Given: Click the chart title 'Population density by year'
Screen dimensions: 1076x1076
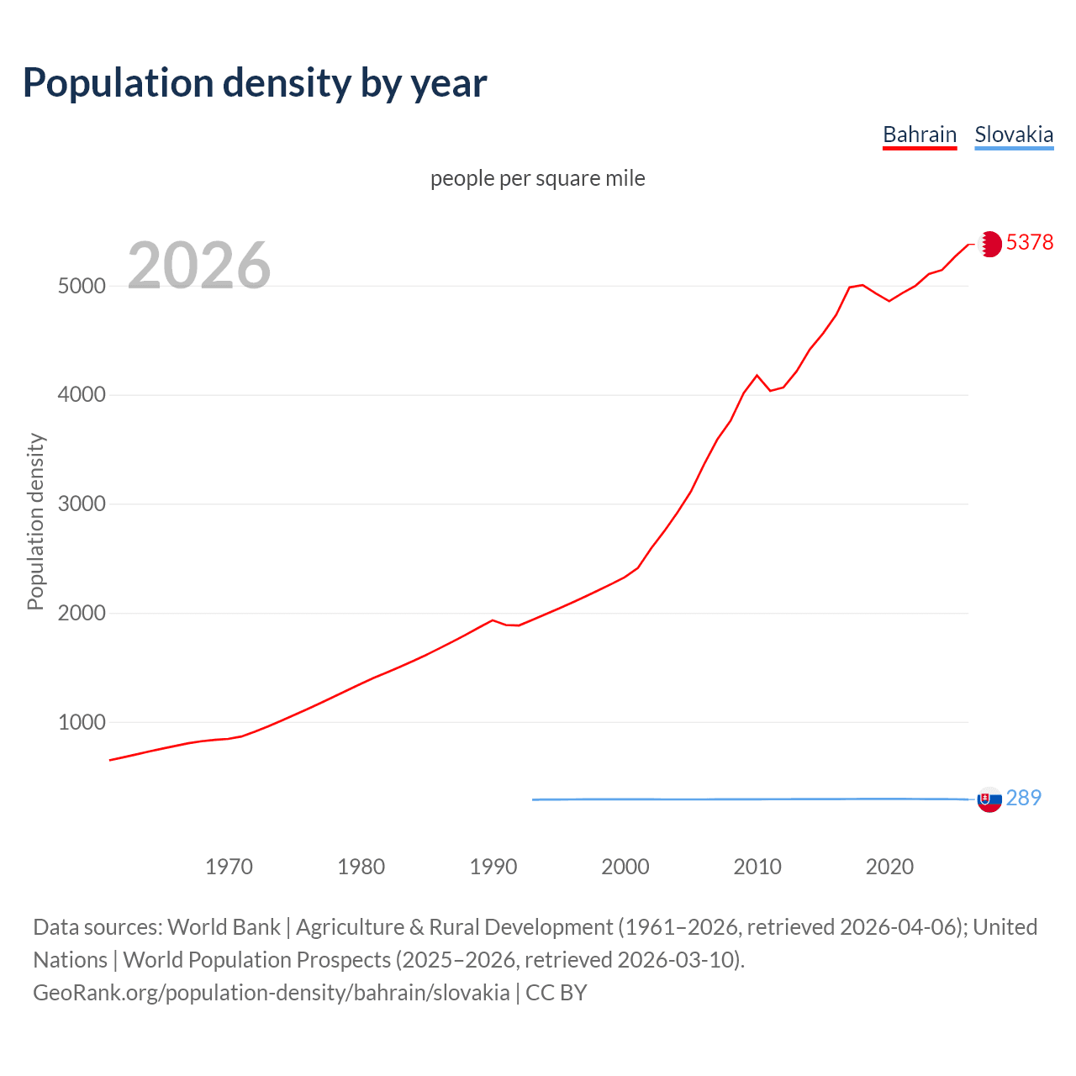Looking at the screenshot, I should point(255,83).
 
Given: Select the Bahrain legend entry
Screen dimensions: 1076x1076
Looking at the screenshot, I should point(920,134).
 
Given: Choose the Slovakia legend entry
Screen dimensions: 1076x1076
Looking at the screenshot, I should point(1014,134).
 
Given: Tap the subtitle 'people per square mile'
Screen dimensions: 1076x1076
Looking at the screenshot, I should point(538,178).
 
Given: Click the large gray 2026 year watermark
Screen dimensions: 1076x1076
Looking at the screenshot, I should point(199,266).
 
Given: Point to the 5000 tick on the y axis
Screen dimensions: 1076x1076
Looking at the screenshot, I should point(82,286).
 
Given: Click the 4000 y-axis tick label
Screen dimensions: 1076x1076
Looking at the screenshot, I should point(82,395).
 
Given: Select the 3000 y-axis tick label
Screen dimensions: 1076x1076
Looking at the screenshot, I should point(82,504).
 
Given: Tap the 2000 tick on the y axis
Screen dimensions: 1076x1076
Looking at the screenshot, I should point(82,614).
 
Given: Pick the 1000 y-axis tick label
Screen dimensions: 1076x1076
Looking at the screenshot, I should point(82,723).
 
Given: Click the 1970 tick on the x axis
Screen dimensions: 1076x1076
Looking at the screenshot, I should point(229,867).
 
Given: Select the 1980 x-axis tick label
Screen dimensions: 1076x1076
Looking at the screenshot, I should point(361,867).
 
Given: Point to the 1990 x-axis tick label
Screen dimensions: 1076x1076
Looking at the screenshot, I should point(493,867).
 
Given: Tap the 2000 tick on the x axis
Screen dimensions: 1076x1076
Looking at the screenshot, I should point(625,867).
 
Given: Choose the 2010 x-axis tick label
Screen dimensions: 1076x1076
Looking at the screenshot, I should point(757,867).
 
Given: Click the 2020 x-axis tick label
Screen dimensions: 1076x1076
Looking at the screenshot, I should point(889,867).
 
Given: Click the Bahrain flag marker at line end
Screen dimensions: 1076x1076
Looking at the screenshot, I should point(989,244).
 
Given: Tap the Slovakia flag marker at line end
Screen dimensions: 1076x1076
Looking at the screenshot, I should point(989,799).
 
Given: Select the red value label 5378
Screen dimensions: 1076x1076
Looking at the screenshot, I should point(1030,242).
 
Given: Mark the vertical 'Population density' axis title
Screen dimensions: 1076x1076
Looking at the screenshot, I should point(35,521).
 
